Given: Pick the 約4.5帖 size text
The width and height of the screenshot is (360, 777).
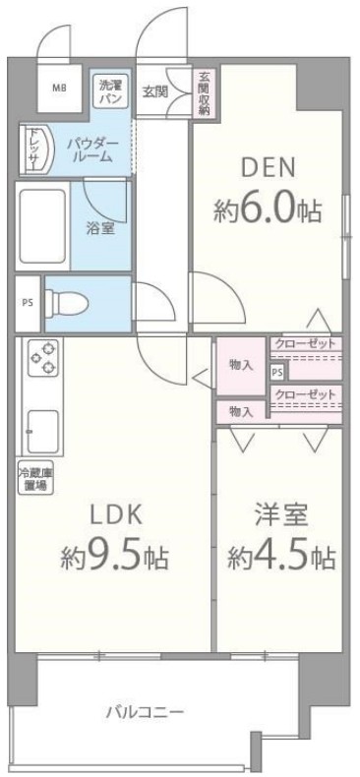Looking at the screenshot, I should [281, 558].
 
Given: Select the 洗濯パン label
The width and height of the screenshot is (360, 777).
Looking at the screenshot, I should [110, 92].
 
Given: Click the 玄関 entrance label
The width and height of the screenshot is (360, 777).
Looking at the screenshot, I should [154, 92].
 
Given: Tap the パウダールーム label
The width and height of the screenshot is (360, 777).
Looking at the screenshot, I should [93, 149].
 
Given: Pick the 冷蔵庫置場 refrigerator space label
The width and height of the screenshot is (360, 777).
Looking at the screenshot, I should [33, 480].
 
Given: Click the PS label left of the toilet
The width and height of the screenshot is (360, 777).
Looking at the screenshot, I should [27, 302].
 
